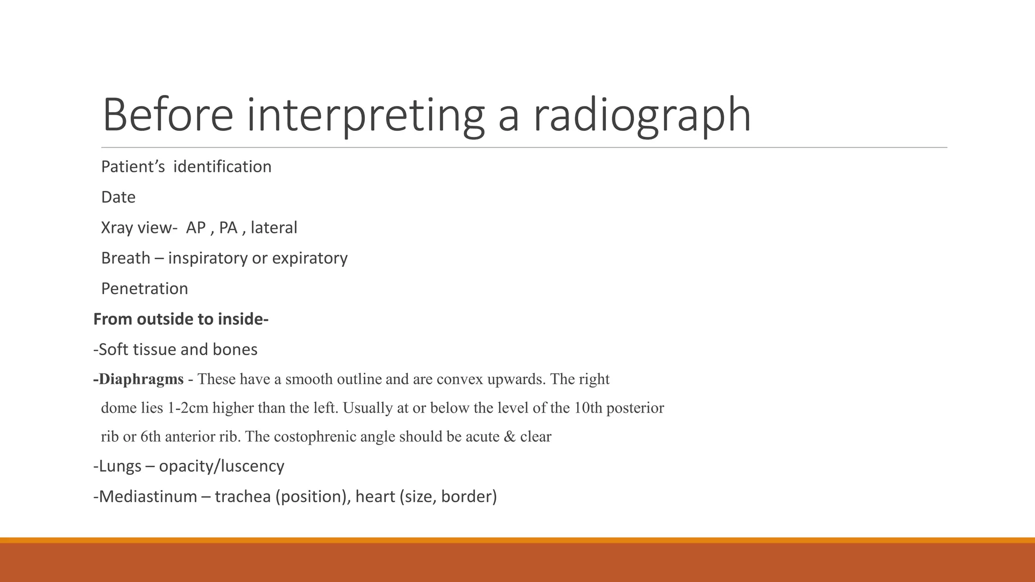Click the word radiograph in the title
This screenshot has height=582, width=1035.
tap(642, 115)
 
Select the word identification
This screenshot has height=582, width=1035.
tap(222, 167)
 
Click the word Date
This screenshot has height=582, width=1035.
tap(118, 197)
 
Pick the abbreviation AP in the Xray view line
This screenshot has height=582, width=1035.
tap(196, 228)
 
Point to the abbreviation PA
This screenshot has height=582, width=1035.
tap(228, 228)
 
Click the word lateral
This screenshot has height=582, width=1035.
tap(274, 228)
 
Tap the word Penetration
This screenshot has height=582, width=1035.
tap(145, 288)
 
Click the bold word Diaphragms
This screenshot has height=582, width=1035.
tap(141, 379)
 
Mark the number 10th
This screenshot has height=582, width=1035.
tap(588, 408)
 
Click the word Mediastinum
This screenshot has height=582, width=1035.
tap(148, 497)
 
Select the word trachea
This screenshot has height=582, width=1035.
tap(243, 497)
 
